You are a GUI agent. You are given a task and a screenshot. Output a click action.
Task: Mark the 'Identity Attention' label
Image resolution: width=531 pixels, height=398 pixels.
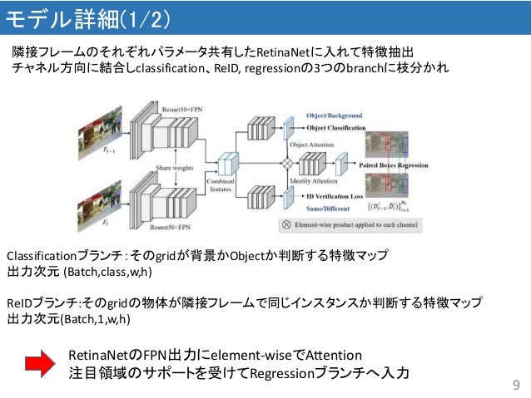pos(312,180)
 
